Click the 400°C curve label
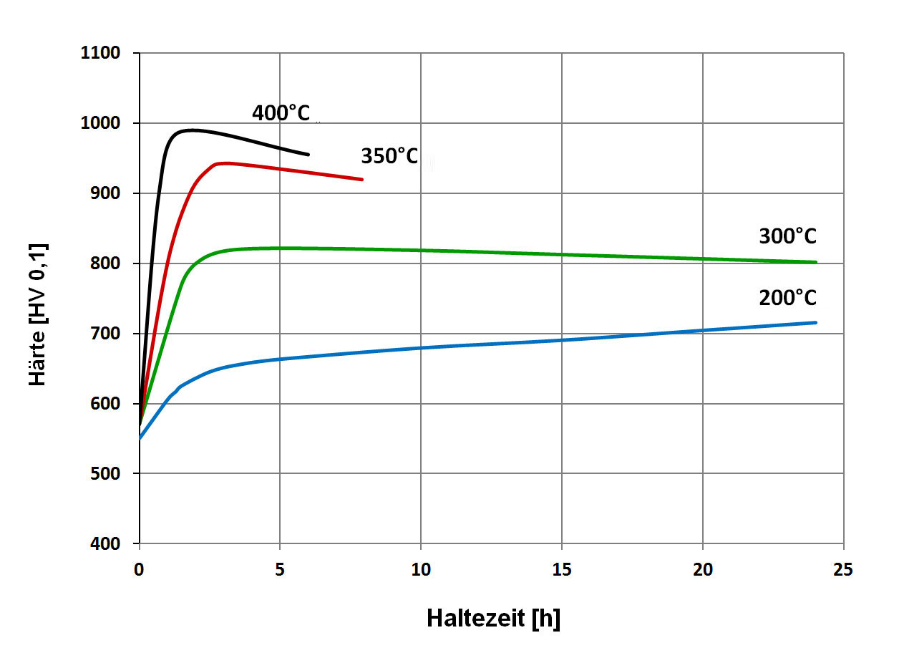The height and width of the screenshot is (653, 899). [281, 112]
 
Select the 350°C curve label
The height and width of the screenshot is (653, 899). [389, 156]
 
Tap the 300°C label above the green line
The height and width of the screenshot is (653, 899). [787, 236]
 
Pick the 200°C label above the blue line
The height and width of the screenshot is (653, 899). [787, 297]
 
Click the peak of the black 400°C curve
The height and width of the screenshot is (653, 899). [192, 130]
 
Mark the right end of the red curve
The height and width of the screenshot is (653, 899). [363, 180]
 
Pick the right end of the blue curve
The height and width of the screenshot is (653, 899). [816, 322]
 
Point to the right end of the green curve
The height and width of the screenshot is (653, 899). [816, 262]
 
